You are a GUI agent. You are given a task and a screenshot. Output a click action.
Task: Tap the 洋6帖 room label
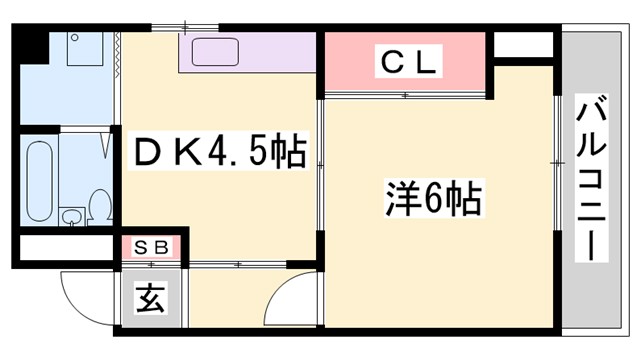pos(433,198)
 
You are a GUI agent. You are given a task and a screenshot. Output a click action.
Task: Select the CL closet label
pos(406,62)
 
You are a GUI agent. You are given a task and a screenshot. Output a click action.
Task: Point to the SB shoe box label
pos(151,246)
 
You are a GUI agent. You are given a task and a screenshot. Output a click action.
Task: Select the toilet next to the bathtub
pos(98,205)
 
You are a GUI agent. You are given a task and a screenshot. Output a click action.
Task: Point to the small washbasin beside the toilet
pos(72,213)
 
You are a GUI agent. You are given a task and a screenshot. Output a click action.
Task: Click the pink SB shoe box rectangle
pos(151,246)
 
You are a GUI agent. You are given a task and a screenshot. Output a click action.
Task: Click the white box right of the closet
pos(523,45)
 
